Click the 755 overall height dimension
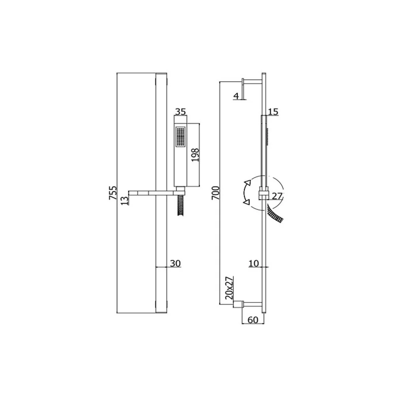pos(113,193)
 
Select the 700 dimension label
pos(216,193)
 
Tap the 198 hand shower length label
pos(195,155)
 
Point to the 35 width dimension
pos(181,112)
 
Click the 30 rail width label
pos(175,263)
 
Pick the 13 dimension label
pos(125,200)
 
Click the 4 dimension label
pos(236,96)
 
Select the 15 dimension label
pos(273,112)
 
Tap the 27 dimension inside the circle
pos(277,196)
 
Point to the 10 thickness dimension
pos(254,263)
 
